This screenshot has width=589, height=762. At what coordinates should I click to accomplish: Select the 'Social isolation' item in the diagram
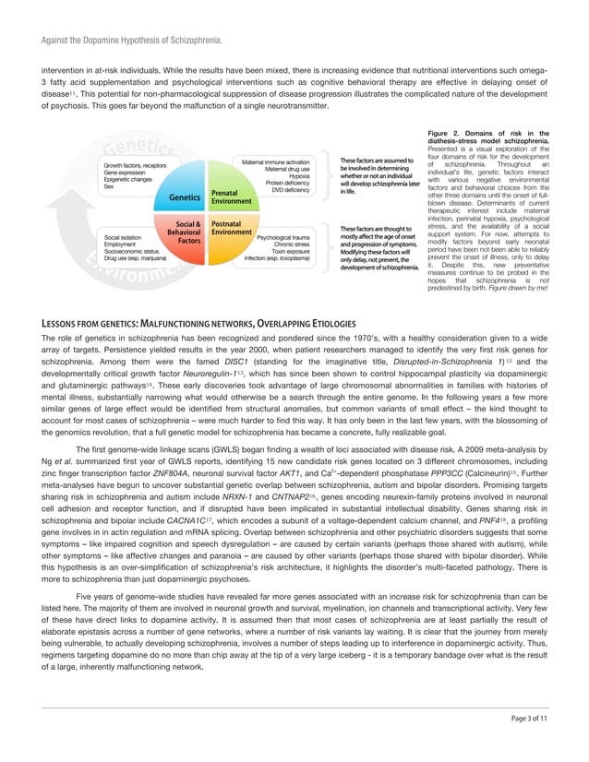pyautogui.click(x=125, y=236)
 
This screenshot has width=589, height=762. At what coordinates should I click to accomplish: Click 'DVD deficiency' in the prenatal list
pyautogui.click(x=290, y=190)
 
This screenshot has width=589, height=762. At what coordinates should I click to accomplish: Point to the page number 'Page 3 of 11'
pyautogui.click(x=530, y=743)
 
